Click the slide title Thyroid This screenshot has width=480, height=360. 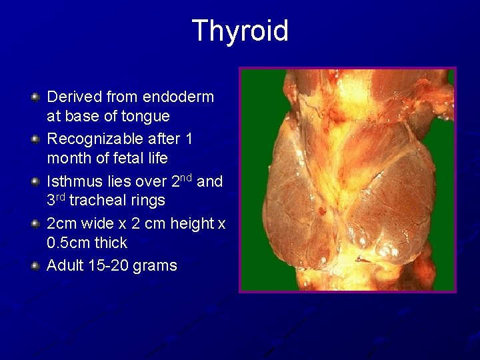click(x=240, y=31)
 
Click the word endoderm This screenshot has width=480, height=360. click(x=177, y=97)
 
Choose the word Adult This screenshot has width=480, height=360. click(x=65, y=265)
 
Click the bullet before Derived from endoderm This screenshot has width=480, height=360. click(x=35, y=98)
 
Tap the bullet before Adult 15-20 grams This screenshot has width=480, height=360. click(x=35, y=266)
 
